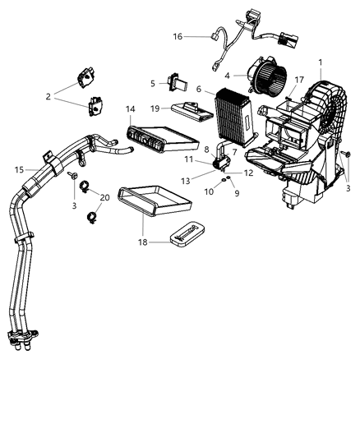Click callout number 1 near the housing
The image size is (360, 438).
pos(320,62)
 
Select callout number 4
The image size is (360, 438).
pos(215,76)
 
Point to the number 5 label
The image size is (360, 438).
pos(153,82)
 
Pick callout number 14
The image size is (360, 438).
pos(130,109)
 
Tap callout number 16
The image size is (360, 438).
pos(178,36)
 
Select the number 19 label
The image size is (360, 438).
pos(155,108)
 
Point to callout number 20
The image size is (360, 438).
pos(104,197)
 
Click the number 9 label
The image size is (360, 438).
pos(238,194)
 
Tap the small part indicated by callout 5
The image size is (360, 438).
pos(175,81)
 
